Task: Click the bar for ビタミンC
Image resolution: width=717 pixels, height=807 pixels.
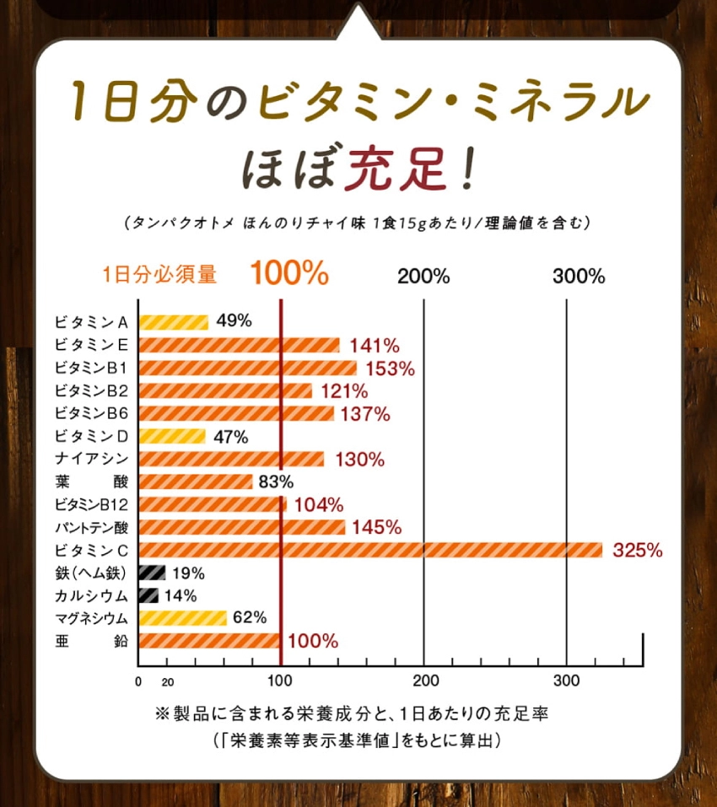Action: pos(370,550)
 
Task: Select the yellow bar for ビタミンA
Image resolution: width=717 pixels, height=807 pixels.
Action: pos(173,321)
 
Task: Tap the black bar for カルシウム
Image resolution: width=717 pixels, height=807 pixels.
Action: pos(148,595)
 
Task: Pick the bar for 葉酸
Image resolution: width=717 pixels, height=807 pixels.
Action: pos(195,482)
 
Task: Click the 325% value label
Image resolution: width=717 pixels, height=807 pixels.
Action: pos(638,551)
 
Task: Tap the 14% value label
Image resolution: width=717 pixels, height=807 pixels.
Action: pos(181,595)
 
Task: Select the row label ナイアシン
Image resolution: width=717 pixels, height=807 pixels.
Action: pos(90,459)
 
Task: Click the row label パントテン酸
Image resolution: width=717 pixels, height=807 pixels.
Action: pos(90,528)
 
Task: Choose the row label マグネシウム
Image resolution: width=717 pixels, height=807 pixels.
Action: pos(90,619)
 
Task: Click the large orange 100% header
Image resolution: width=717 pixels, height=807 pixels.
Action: pos(288,273)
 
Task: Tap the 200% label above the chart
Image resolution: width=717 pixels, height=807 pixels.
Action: pos(423,276)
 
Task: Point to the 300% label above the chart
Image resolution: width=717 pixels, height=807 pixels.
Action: pos(580,276)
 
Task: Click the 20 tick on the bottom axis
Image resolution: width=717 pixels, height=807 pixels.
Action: pos(167,682)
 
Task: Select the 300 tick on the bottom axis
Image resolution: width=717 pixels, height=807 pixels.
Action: pos(566,681)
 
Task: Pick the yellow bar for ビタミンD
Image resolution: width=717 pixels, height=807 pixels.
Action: pos(172,436)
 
